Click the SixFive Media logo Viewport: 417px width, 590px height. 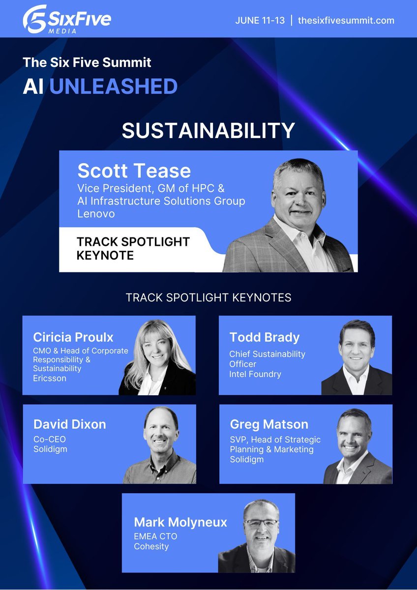tap(66, 20)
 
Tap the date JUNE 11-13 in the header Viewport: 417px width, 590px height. tap(260, 21)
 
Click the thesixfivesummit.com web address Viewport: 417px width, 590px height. tap(346, 21)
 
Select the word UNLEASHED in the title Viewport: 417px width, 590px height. tap(113, 87)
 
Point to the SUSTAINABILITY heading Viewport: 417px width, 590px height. tap(208, 130)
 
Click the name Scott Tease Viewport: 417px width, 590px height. tap(134, 171)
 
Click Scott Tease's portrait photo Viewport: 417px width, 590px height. tap(295, 216)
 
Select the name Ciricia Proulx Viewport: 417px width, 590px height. tap(73, 337)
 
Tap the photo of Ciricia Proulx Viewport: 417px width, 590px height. tap(156, 356)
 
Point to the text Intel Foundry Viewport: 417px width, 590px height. tap(255, 374)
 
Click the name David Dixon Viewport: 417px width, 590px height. tap(69, 424)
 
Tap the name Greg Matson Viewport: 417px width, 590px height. tap(269, 424)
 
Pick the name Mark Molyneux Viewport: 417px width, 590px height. tap(180, 522)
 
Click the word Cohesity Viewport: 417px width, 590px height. tap(150, 546)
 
